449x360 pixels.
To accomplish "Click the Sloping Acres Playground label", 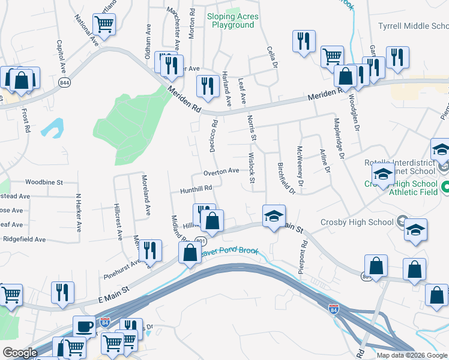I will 232,21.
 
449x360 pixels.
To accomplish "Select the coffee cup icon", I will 84,328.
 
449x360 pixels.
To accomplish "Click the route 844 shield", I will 64,82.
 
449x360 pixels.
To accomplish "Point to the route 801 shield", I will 200,241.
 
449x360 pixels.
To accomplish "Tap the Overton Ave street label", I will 221,172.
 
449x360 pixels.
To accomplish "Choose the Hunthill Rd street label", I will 196,188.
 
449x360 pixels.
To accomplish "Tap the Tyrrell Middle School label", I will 413,26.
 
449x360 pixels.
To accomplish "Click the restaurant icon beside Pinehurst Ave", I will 150,250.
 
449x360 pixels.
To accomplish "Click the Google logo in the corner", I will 20,353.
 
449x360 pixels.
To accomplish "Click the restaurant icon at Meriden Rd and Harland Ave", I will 208,86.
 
